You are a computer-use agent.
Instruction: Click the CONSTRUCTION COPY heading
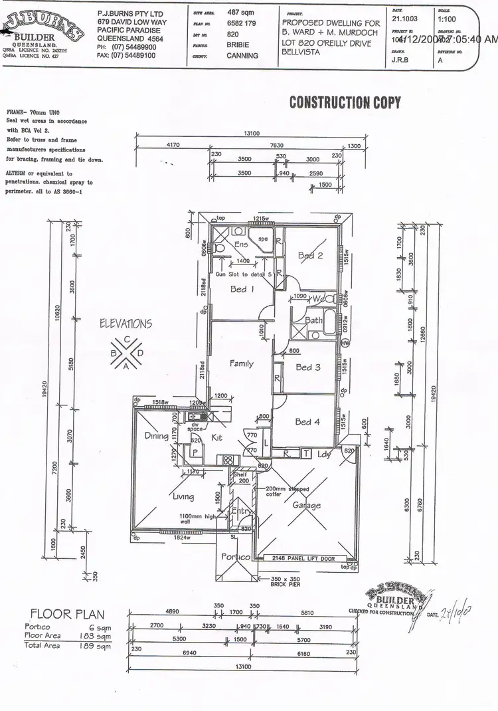345,102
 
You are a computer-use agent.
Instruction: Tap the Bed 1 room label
238,289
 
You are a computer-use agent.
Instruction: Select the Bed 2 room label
309,256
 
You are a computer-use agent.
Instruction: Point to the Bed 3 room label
308,367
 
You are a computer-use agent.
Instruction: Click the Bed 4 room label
308,421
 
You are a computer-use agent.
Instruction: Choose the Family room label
241,363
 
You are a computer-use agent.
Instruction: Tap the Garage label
307,505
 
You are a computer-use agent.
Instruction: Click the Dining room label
157,436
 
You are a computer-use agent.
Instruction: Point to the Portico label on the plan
236,557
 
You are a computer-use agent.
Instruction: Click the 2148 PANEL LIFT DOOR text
303,558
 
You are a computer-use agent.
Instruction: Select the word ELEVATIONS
125,324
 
